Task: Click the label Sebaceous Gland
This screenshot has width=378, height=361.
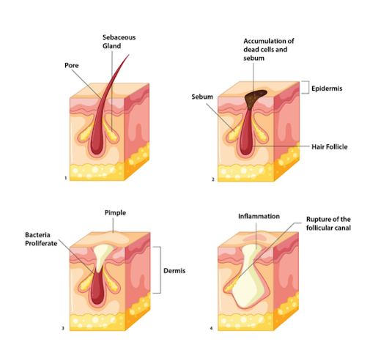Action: click(x=119, y=42)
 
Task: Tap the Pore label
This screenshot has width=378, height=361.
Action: click(x=72, y=65)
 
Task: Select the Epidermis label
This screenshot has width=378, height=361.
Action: click(x=327, y=89)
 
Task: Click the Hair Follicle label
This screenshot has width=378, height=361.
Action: click(x=330, y=146)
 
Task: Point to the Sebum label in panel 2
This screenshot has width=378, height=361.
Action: click(x=202, y=97)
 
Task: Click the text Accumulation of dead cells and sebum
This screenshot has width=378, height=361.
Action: click(x=269, y=50)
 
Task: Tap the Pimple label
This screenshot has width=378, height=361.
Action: click(x=115, y=212)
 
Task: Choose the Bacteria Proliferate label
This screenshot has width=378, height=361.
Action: click(x=41, y=239)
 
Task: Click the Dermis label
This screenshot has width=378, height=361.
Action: click(x=174, y=271)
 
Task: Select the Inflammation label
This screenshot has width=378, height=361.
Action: click(x=259, y=216)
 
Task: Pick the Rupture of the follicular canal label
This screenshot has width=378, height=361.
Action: click(x=328, y=223)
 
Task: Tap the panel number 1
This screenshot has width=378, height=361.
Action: click(x=66, y=178)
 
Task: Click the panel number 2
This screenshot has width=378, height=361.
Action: click(x=213, y=179)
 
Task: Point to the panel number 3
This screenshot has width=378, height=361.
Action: click(x=63, y=328)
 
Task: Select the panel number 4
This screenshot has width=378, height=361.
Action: click(x=211, y=328)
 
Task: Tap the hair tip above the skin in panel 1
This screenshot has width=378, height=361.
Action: click(x=129, y=55)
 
